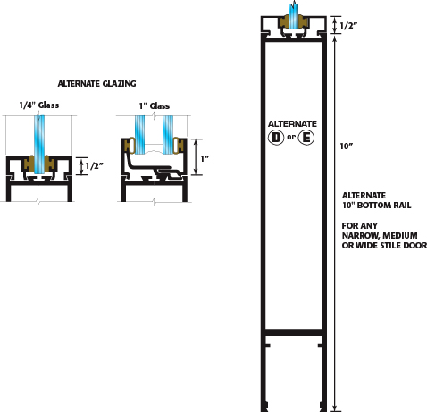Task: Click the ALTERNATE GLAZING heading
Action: point(96,84)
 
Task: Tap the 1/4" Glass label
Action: point(39,105)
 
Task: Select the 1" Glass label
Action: point(155,106)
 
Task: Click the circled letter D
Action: point(276,138)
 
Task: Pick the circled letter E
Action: point(306,138)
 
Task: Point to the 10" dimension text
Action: point(347,147)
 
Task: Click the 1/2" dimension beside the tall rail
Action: point(348,26)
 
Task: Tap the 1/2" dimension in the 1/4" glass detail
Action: point(94,166)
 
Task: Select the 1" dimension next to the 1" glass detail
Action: point(205,159)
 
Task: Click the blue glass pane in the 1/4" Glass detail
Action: point(39,145)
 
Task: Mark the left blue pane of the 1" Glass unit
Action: point(139,135)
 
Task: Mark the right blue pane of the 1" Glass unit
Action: point(168,135)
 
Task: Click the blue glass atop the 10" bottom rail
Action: point(294,16)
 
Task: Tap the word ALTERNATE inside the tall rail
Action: point(292,124)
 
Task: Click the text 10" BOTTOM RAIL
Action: point(377,206)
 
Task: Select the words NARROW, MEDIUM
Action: point(380,236)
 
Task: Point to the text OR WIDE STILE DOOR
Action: point(384,246)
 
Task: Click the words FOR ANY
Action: point(360,226)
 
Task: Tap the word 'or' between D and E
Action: point(291,137)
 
